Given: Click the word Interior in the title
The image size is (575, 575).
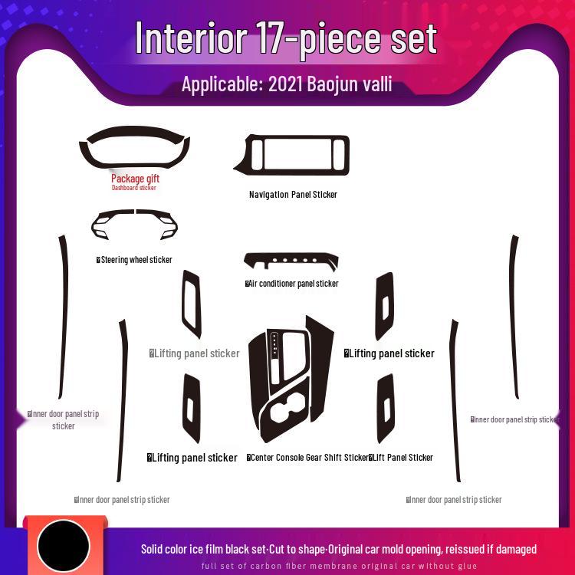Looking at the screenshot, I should (191, 38).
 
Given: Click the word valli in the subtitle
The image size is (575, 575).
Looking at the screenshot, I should (379, 84).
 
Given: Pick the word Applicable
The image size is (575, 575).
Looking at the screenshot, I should (218, 84).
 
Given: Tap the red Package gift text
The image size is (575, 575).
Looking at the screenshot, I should (135, 179).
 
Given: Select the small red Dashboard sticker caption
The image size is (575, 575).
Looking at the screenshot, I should (134, 188).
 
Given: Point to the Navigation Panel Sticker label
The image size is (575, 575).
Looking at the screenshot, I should (293, 195).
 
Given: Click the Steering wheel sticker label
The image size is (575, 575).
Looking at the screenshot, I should (136, 260).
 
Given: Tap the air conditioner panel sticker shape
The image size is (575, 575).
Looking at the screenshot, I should (291, 260).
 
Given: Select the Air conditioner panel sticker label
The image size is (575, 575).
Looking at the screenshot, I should (293, 284).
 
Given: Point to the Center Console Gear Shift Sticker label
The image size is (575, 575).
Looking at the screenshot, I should (308, 458).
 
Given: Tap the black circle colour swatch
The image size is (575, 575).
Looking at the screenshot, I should (64, 547).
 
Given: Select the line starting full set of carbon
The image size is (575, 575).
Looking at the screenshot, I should (339, 566).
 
